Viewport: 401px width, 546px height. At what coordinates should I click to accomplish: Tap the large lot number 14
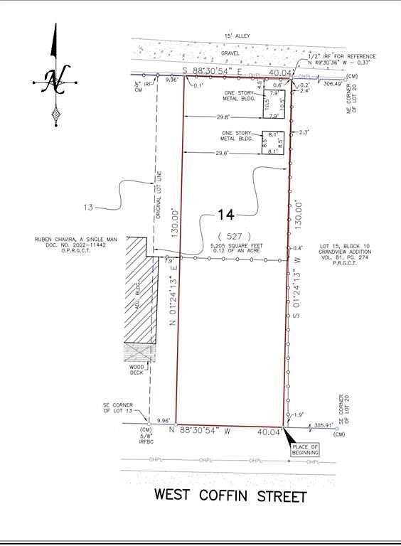coord(225,215)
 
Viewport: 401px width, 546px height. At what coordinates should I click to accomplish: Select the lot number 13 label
coord(88,208)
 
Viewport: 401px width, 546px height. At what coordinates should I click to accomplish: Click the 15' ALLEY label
coord(236,35)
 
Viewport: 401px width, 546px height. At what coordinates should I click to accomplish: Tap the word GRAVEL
coord(230,53)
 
